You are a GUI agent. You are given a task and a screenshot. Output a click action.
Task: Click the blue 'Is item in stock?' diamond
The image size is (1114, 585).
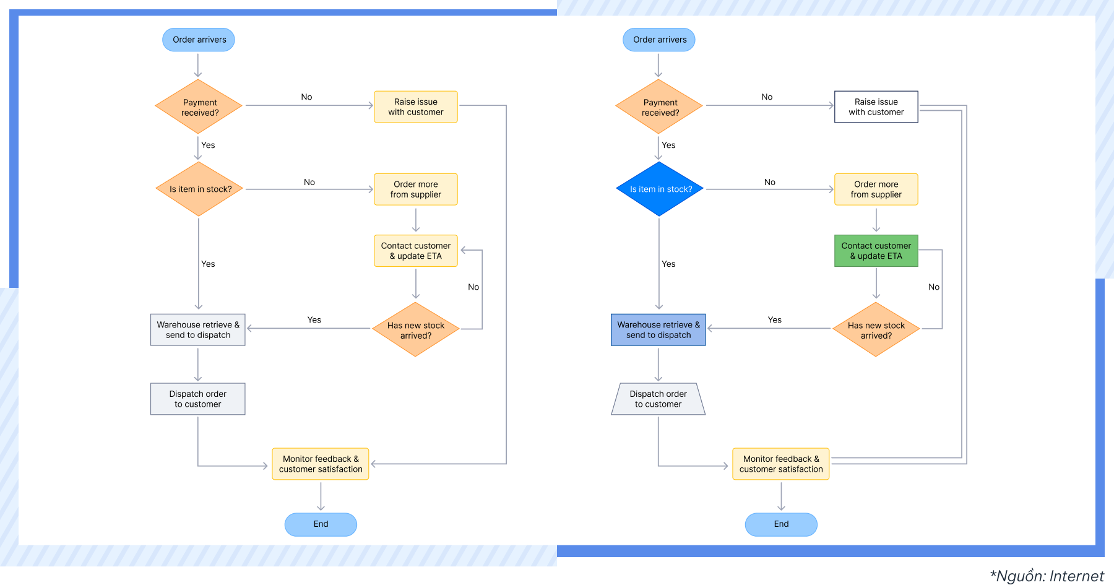(660, 189)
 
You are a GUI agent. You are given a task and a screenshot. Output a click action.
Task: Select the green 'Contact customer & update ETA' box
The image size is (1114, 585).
(876, 251)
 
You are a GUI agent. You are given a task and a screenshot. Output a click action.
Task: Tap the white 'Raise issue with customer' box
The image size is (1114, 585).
(876, 107)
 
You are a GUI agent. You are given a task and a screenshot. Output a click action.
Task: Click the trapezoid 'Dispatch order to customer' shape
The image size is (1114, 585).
(658, 399)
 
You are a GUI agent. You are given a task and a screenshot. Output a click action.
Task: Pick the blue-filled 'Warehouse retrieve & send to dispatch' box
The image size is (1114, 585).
(658, 329)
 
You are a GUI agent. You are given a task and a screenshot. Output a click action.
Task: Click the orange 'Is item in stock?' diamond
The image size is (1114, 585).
(199, 189)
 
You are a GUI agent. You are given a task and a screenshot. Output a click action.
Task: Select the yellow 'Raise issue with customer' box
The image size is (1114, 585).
(415, 107)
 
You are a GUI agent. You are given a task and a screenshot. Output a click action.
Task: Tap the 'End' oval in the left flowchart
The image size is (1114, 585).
(321, 524)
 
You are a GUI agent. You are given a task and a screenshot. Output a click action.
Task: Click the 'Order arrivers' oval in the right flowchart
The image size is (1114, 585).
(659, 40)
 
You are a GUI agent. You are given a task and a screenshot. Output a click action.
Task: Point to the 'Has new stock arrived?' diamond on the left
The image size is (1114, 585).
(415, 330)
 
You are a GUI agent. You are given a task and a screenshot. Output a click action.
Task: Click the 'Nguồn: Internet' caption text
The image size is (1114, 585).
(1047, 576)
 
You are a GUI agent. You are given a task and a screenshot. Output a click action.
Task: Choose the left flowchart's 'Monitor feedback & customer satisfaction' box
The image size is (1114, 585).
(321, 464)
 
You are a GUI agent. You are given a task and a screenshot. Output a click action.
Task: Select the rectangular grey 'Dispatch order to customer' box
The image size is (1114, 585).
(197, 399)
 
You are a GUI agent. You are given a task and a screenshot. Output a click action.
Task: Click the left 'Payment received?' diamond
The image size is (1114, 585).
(199, 107)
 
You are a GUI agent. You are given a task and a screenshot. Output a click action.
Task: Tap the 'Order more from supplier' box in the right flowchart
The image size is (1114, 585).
(876, 189)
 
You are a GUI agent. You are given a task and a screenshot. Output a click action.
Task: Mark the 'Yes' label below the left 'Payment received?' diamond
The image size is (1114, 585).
(208, 145)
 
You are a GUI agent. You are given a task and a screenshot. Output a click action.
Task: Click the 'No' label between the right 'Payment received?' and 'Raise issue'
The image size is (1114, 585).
(767, 97)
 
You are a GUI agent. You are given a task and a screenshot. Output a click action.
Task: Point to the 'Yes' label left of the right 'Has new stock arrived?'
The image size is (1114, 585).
(774, 319)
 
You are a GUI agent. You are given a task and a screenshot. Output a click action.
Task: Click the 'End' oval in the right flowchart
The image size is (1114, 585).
(781, 524)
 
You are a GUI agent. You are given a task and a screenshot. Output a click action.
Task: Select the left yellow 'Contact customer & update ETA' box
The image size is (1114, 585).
(415, 251)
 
